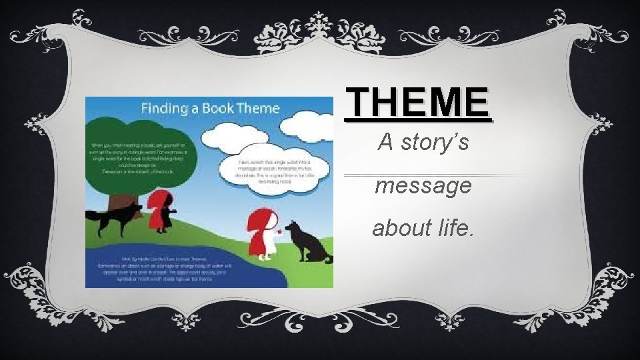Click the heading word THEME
[x=417, y=103]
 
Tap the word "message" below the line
[x=423, y=185]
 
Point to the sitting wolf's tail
[x=327, y=257]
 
